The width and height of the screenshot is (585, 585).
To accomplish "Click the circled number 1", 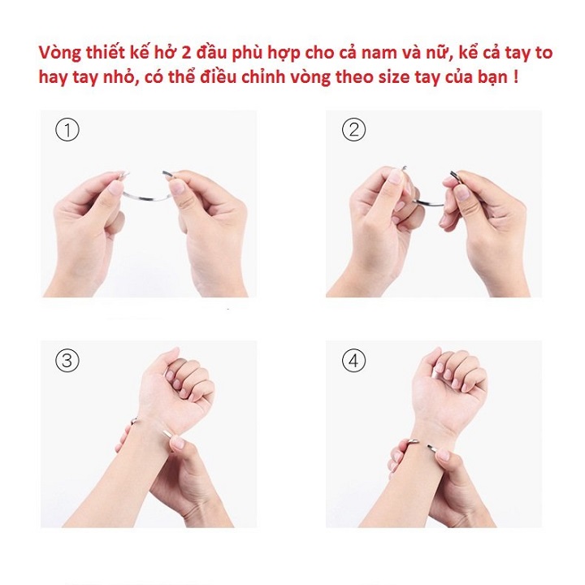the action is [67, 130].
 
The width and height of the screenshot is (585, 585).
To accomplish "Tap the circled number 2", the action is [353, 129].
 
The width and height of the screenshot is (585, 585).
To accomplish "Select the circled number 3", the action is [67, 361].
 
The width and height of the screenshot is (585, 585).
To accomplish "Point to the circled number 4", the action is [353, 361].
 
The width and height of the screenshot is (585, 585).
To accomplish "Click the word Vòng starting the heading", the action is [59, 53].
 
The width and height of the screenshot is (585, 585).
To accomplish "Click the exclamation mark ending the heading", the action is [515, 77].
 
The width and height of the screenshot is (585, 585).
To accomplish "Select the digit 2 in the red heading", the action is [187, 53].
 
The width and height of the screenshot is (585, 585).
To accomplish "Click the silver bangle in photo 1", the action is [145, 197].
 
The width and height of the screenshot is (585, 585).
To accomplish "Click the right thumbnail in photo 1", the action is [176, 186].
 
